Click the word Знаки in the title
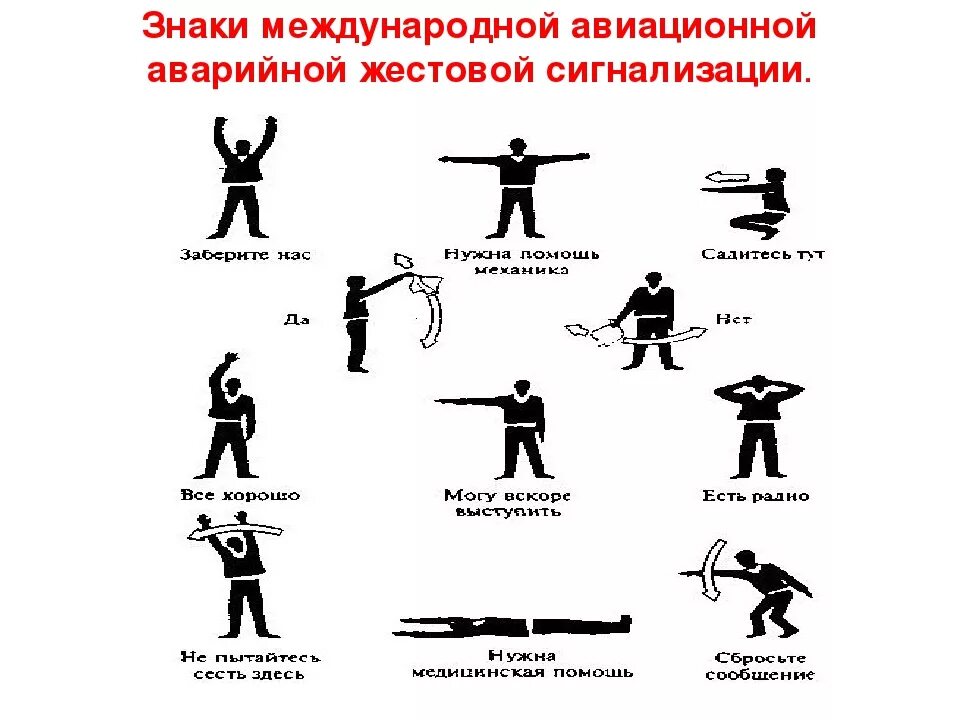click(197, 27)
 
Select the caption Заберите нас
click(245, 255)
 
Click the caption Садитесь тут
click(763, 254)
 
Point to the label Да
click(296, 319)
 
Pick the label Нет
click(733, 319)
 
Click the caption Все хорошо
click(240, 495)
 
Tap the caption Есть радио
click(756, 495)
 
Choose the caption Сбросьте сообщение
click(760, 666)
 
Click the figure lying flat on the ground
click(512, 626)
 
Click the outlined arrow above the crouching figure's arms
click(727, 178)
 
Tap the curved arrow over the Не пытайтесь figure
click(235, 531)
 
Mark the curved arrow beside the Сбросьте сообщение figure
click(711, 569)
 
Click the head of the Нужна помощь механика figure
click(517, 148)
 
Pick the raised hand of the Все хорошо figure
click(231, 359)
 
